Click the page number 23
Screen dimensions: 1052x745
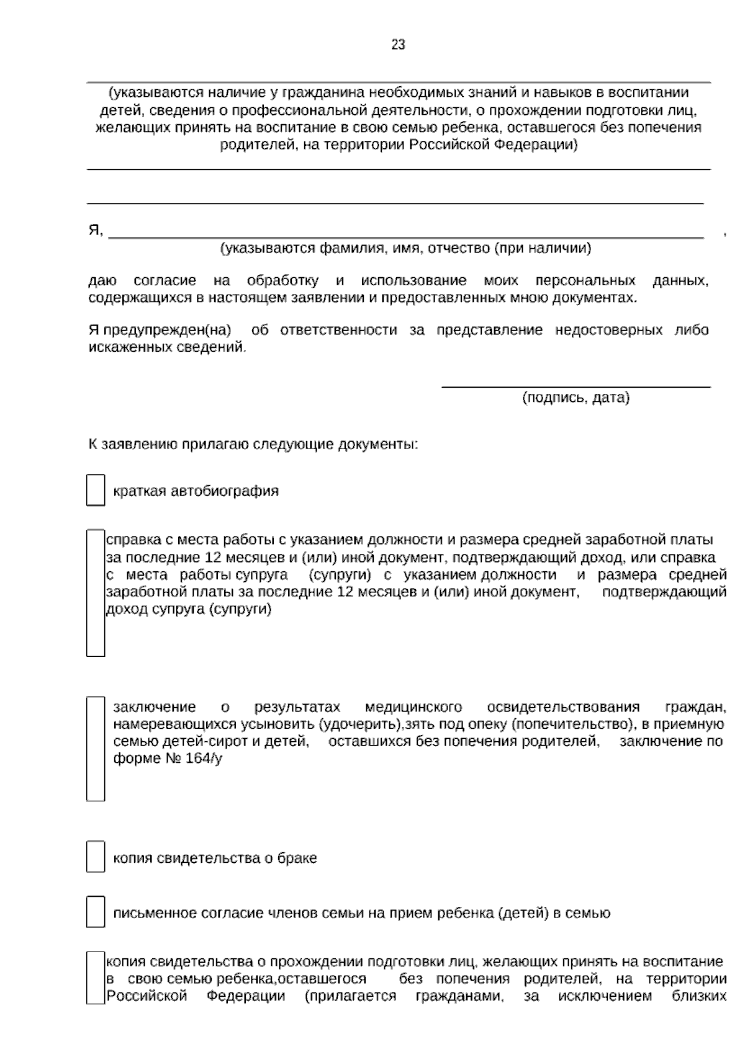[398, 45]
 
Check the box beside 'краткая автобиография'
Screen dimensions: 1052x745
[95, 490]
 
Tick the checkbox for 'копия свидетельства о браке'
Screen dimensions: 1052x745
[95, 857]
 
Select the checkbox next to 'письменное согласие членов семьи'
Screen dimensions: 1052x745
[95, 911]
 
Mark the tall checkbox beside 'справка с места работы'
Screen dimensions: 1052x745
[95, 592]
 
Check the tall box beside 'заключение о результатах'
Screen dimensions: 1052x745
[95, 749]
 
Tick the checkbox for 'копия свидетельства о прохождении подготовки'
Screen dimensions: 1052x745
[95, 978]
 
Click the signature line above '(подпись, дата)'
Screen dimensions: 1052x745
[576, 385]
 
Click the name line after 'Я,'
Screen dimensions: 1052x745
[406, 235]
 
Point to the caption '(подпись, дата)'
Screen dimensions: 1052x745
[576, 398]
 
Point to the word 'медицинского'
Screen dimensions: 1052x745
[413, 707]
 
